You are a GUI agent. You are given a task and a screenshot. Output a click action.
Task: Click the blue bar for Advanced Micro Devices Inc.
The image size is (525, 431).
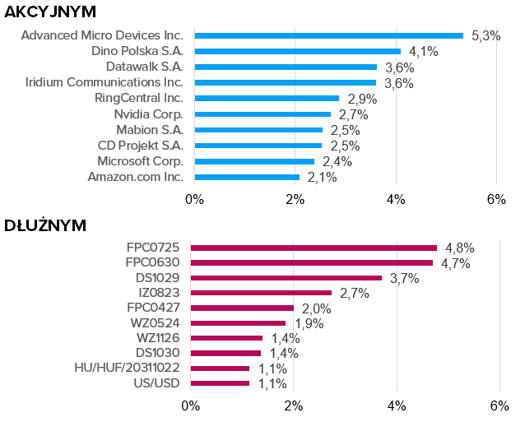[x=329, y=35]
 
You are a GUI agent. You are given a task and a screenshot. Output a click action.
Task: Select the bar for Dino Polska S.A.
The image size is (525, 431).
[x=298, y=51]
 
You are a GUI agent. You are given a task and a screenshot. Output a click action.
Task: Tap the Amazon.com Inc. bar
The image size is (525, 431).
[x=247, y=177]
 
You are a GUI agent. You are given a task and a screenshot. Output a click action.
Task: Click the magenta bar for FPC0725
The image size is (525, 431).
[x=314, y=248]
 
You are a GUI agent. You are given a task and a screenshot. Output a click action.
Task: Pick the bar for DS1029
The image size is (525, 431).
[x=286, y=278]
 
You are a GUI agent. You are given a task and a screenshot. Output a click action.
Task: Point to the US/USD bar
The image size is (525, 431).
[x=220, y=383]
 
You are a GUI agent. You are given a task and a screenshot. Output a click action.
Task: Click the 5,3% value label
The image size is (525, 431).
[x=486, y=36]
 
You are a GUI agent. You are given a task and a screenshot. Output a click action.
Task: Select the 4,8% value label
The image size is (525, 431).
[x=460, y=248]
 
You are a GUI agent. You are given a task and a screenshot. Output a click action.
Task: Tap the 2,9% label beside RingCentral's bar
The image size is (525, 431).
[x=362, y=99]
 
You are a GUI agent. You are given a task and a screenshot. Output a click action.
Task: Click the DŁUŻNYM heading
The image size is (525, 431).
[x=45, y=225]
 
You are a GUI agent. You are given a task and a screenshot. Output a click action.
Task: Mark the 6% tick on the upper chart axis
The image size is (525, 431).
[x=496, y=199]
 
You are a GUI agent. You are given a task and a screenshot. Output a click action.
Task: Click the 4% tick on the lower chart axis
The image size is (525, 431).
[x=397, y=406]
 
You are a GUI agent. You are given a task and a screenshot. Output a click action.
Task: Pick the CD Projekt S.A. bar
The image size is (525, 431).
[x=258, y=145]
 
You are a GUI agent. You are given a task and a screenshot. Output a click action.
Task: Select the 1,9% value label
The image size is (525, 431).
[x=309, y=323]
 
